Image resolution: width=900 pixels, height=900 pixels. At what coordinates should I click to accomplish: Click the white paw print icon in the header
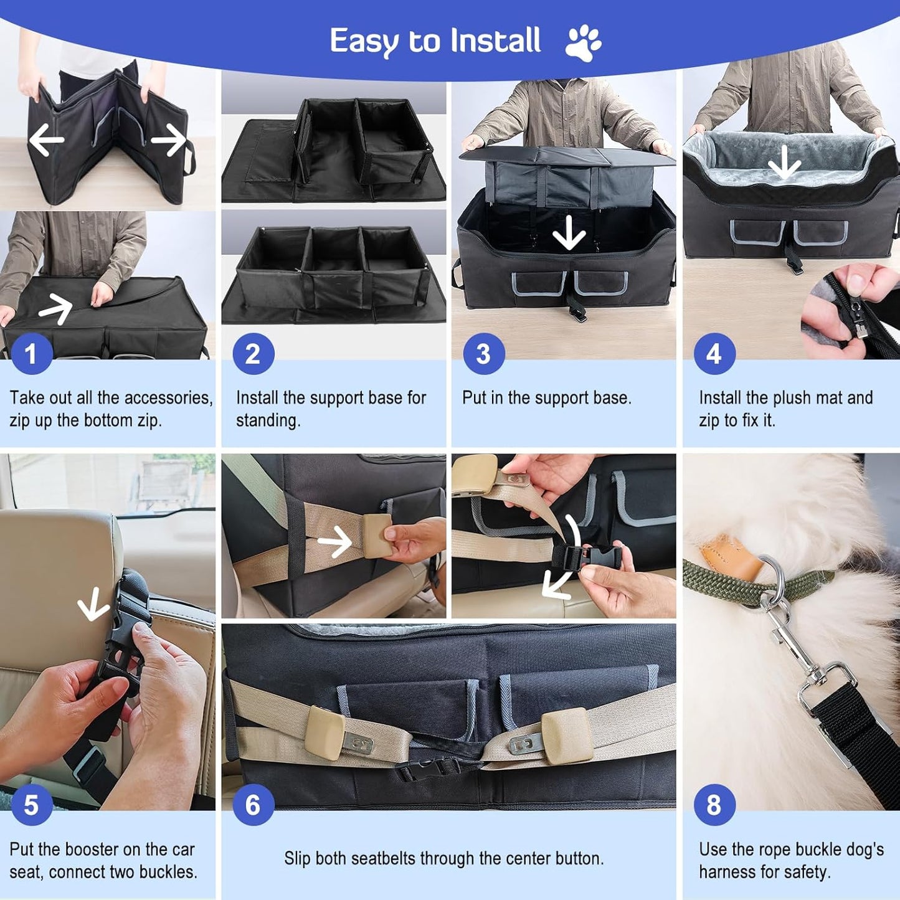click(x=583, y=42)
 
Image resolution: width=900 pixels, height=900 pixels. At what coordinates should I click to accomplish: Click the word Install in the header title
click(x=495, y=41)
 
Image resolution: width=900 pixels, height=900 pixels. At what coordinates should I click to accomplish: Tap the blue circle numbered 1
click(x=31, y=354)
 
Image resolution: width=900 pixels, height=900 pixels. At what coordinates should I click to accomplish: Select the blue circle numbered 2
click(x=253, y=354)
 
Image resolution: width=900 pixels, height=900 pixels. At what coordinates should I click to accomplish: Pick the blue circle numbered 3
click(x=483, y=354)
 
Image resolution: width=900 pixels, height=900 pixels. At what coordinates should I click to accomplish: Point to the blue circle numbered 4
click(x=714, y=354)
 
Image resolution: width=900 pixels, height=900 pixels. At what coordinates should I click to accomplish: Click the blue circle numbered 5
click(x=31, y=805)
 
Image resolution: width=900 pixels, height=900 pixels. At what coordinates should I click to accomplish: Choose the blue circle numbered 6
click(x=253, y=805)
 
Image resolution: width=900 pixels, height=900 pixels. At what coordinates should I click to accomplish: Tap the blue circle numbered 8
click(x=714, y=805)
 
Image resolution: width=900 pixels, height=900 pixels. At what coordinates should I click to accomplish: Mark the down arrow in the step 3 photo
click(x=569, y=235)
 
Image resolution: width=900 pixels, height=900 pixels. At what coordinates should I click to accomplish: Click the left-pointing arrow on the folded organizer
click(x=47, y=140)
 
